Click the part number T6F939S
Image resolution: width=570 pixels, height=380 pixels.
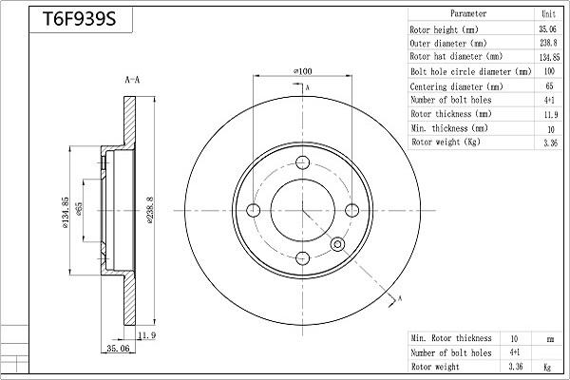[79, 19]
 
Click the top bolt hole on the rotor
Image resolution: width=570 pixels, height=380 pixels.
[302, 162]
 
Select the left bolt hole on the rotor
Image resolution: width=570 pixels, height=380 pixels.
[254, 210]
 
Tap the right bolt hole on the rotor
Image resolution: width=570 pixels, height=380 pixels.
[351, 210]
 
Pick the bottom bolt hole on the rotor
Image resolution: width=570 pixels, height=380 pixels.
[302, 258]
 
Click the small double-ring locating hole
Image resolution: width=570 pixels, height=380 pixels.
[337, 244]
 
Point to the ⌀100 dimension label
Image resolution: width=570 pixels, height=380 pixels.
[302, 71]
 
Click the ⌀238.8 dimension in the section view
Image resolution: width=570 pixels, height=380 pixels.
[150, 210]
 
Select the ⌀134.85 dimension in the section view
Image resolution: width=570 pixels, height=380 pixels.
[65, 213]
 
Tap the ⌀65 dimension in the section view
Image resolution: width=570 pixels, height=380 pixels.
[79, 209]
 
